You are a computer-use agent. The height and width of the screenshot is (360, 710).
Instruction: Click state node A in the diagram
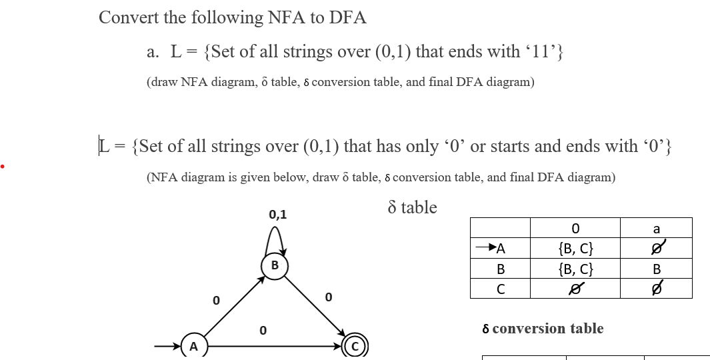point(193,347)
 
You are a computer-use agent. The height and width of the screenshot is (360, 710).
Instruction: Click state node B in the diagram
point(274,265)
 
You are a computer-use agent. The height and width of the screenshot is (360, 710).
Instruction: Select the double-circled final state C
point(355,346)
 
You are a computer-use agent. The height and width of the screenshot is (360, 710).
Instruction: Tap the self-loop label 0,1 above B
point(278,215)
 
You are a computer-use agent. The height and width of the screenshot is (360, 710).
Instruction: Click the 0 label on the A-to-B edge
point(215,301)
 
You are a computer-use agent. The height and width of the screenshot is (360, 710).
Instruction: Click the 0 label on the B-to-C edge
point(327,295)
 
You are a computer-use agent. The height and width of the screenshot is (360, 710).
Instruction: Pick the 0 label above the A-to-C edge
point(263,330)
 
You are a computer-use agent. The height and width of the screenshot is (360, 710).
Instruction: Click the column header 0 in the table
point(575,229)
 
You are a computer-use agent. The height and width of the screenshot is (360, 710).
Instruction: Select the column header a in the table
point(656,229)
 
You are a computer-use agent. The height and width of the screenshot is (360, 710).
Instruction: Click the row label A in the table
point(501,249)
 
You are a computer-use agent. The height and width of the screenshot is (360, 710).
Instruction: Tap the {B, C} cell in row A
point(575,249)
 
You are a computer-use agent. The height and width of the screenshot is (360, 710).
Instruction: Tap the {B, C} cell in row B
point(575,269)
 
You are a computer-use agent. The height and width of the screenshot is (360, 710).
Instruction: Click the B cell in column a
point(656,269)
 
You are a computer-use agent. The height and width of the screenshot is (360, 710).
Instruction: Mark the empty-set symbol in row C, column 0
point(575,289)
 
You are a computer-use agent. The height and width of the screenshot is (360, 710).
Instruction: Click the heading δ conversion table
point(543,329)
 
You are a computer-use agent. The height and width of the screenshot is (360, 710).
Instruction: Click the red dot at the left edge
point(3,165)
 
